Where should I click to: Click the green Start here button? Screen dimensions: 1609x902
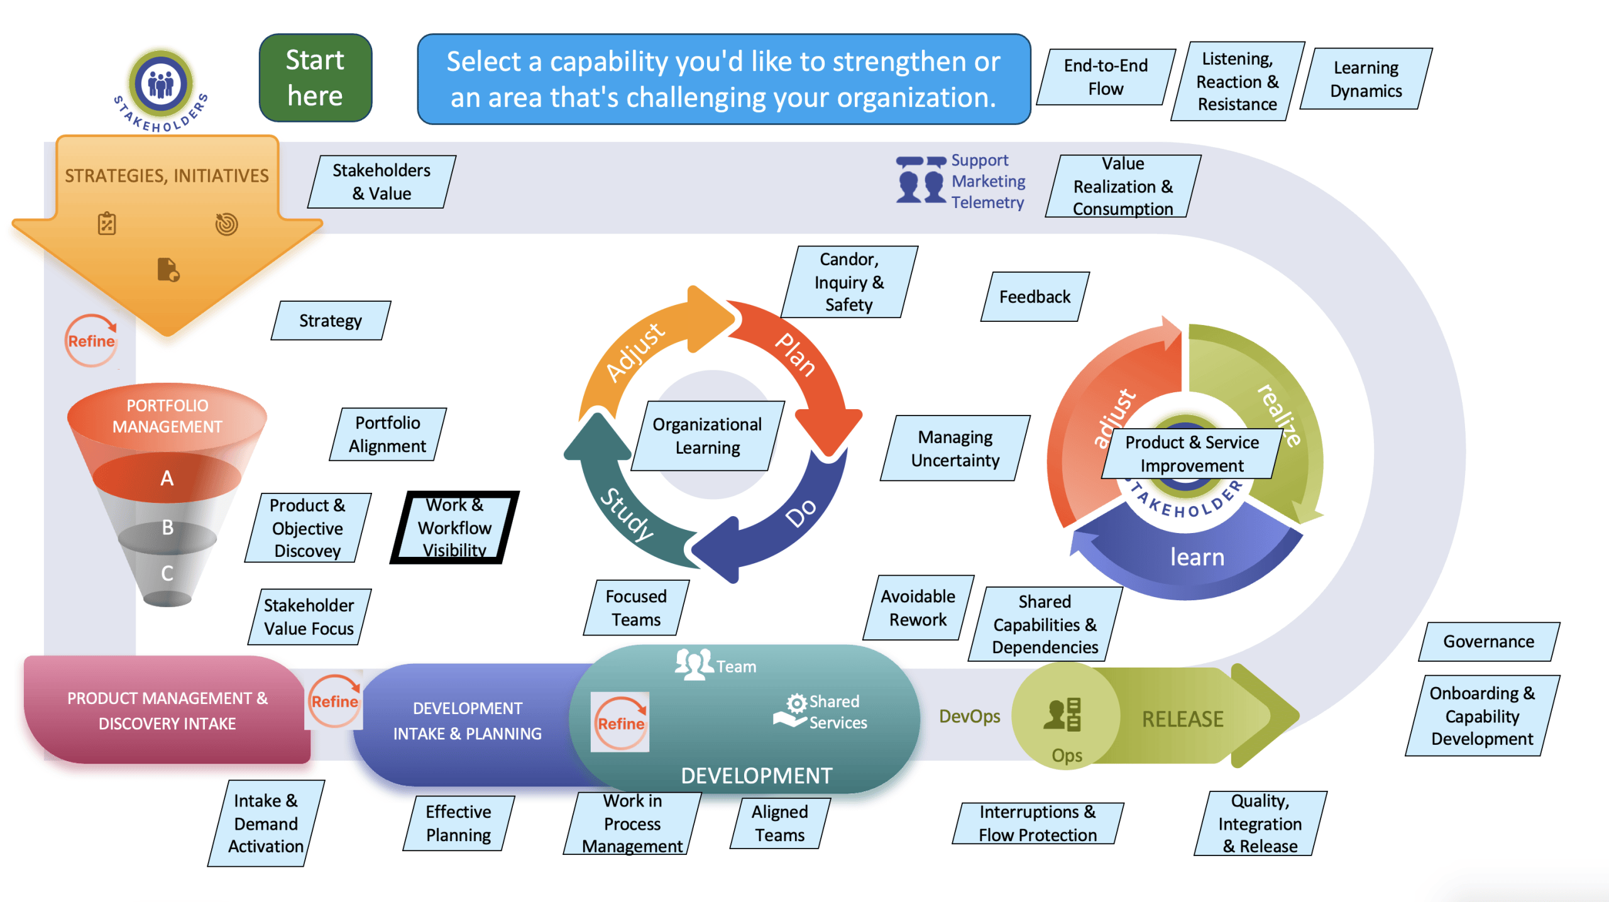(x=315, y=78)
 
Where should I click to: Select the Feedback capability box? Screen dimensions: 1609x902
(x=1035, y=297)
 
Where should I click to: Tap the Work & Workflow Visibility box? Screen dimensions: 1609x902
(x=454, y=527)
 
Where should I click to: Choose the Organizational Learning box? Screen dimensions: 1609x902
(x=708, y=436)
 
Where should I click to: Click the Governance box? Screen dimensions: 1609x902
(x=1489, y=641)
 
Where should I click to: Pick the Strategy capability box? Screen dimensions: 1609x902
(x=331, y=321)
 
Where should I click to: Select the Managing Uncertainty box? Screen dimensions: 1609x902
(x=955, y=448)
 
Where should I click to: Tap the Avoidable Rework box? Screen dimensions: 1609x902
(x=918, y=608)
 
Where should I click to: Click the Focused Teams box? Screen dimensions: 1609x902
(x=636, y=608)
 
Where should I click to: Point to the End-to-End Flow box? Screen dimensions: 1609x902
(x=1106, y=77)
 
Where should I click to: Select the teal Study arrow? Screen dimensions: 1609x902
(x=622, y=503)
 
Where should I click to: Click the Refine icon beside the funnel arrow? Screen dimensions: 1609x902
(x=92, y=340)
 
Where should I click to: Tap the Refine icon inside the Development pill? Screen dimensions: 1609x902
(x=620, y=723)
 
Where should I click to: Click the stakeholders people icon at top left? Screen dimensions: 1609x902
(x=161, y=83)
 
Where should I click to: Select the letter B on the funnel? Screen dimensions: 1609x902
(x=167, y=527)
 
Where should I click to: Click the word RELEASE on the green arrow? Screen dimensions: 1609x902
(x=1182, y=718)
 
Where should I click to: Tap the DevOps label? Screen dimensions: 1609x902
(x=970, y=716)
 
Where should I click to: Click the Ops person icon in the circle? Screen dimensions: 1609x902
(x=1062, y=714)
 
